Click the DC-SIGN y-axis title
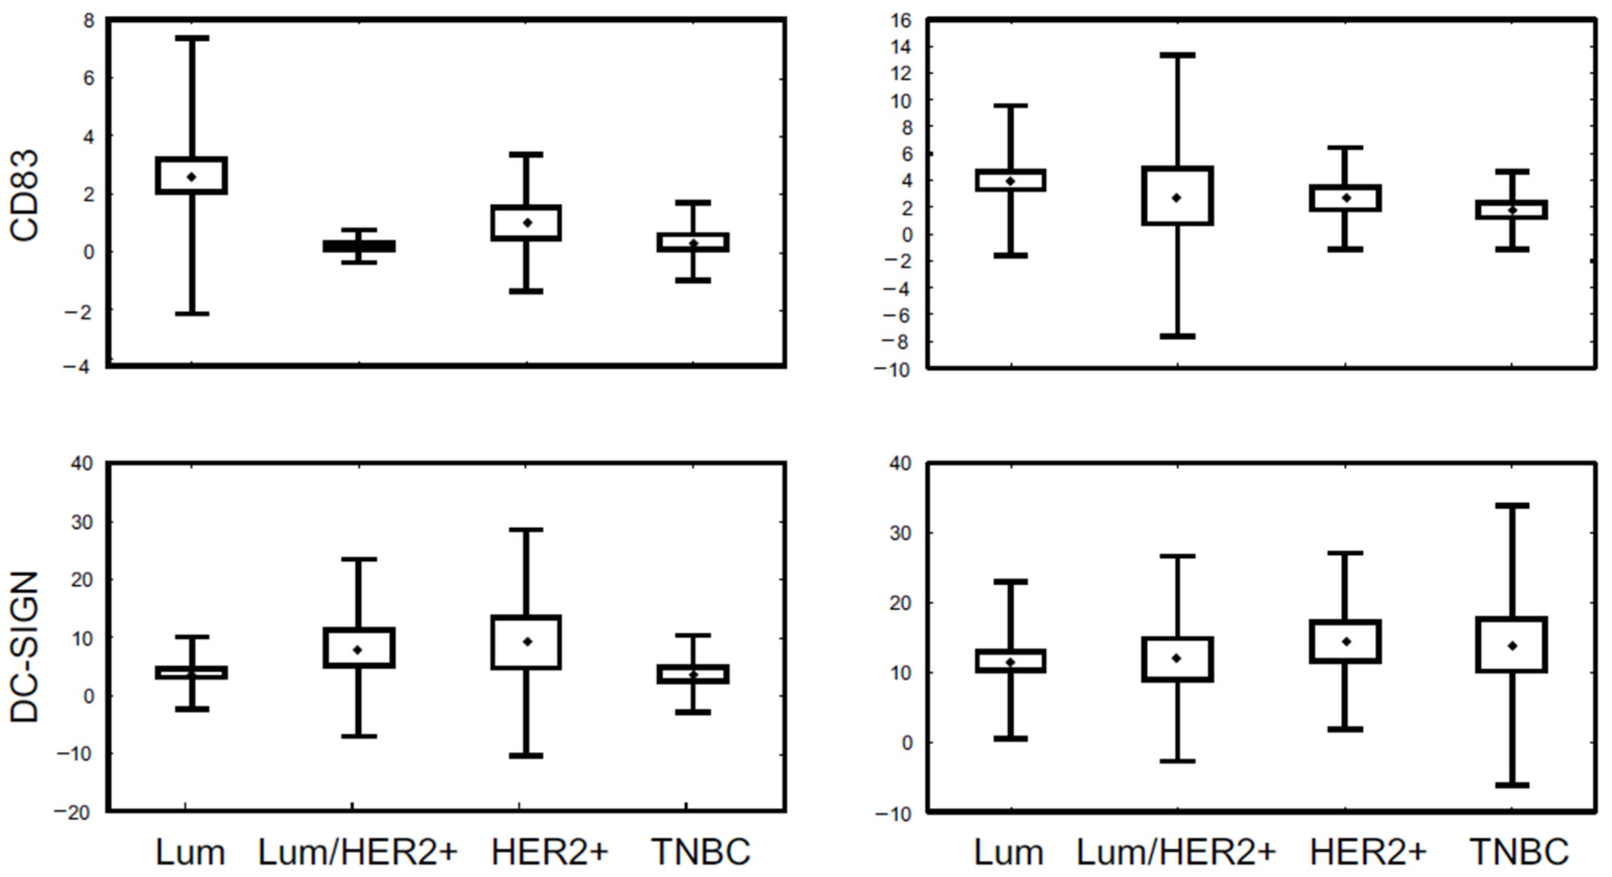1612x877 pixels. [25, 647]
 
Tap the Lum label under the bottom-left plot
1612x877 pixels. [189, 852]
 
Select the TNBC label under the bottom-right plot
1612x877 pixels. [1519, 852]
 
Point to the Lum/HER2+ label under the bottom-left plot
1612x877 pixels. [358, 852]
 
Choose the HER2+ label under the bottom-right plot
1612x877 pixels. [1368, 852]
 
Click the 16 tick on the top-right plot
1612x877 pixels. [901, 21]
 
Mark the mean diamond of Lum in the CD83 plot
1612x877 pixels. [192, 177]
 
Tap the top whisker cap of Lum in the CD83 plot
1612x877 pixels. [192, 38]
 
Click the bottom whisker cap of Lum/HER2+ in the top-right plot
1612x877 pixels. [1177, 337]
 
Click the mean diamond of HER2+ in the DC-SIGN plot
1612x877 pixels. [527, 642]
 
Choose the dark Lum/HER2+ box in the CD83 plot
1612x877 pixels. [359, 246]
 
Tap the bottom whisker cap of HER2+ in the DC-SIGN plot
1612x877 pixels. [526, 756]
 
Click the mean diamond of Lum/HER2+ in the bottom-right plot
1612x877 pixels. [1177, 658]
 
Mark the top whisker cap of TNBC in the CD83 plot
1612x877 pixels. [693, 203]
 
